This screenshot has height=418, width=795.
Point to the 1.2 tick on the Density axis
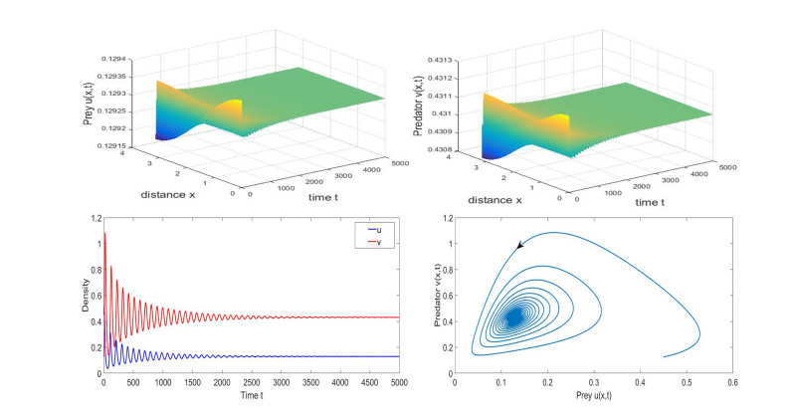[x=94, y=217]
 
